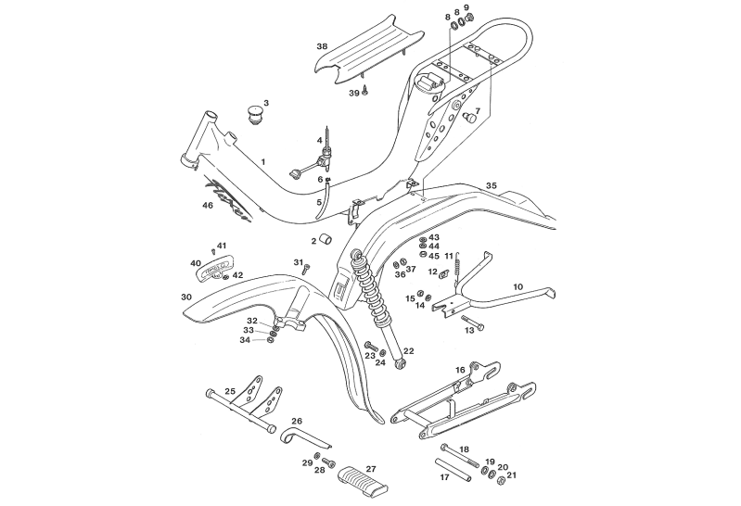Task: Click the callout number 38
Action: (x=322, y=46)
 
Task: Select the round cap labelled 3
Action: (x=254, y=116)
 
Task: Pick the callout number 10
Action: (x=517, y=288)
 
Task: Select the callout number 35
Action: (x=491, y=186)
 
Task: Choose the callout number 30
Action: (x=185, y=297)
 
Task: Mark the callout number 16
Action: (x=460, y=369)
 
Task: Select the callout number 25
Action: (x=230, y=391)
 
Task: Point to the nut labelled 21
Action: (x=511, y=476)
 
